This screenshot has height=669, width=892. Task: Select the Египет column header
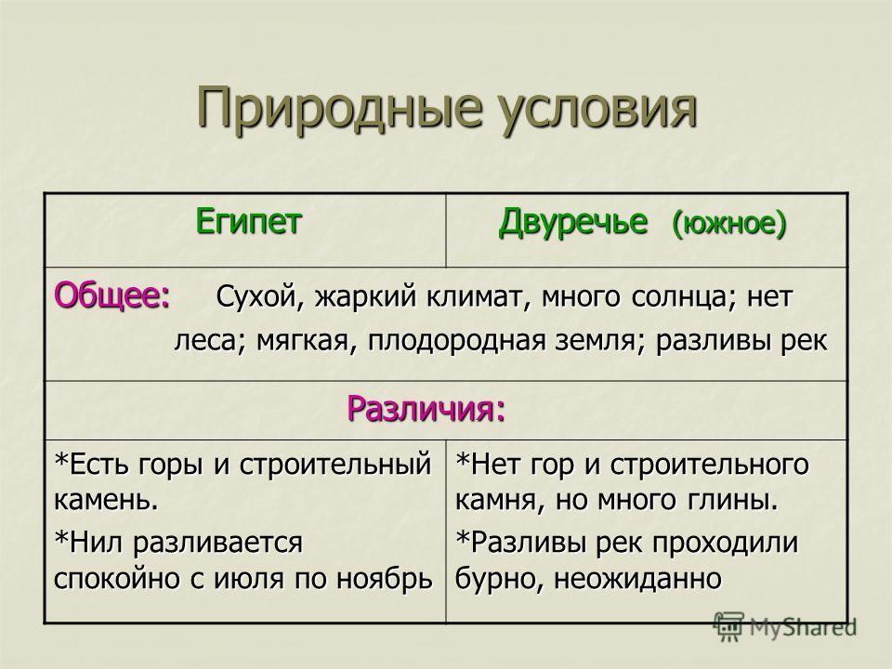(248, 221)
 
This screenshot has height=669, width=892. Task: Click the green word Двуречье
(573, 222)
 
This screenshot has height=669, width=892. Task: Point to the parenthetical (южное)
(729, 224)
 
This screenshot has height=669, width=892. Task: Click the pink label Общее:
(112, 295)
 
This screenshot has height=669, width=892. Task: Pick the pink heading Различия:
(426, 409)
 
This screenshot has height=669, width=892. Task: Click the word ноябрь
(385, 578)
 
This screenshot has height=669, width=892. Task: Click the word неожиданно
(637, 578)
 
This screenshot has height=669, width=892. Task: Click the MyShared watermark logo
(785, 627)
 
